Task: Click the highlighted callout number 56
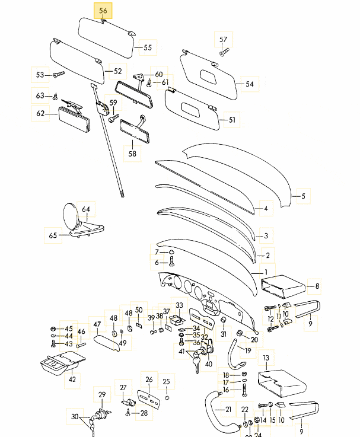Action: (103, 11)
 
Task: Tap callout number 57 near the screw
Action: (224, 39)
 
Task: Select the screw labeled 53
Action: (59, 74)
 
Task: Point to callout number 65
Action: (53, 235)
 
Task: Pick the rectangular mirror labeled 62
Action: (74, 119)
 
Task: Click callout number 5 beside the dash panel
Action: (304, 196)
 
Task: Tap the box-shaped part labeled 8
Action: (283, 286)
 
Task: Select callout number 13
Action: (266, 358)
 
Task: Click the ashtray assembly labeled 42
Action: (63, 363)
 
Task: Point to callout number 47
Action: (97, 324)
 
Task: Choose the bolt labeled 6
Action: (171, 261)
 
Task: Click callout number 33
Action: (179, 305)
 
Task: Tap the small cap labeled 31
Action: (224, 320)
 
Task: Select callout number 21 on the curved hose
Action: (228, 409)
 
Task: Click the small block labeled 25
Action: (167, 397)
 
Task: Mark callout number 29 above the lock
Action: (102, 395)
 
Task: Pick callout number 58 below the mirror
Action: (132, 154)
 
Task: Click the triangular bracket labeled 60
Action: (139, 77)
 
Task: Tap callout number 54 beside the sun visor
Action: (250, 84)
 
